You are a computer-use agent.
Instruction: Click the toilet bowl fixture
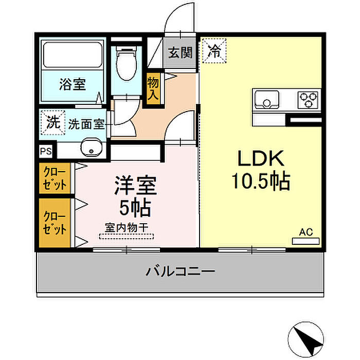[127, 63]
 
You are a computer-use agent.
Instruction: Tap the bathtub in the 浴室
[73, 55]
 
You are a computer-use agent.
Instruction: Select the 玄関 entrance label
[180, 53]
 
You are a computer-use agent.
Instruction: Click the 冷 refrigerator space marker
[214, 51]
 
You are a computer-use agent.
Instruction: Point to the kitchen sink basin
[267, 99]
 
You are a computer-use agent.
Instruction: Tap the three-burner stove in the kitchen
[308, 100]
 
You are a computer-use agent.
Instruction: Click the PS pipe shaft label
[46, 151]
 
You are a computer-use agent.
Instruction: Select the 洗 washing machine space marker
[53, 122]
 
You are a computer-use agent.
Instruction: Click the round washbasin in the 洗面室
[92, 148]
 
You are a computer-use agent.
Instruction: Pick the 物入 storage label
[153, 88]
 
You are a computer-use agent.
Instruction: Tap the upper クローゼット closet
[55, 178]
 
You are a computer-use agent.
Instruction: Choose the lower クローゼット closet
[55, 223]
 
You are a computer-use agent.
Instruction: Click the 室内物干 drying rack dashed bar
[127, 237]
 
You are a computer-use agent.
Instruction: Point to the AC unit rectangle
[306, 241]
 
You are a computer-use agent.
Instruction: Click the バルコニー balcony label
[181, 272]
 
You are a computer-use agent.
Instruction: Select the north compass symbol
[306, 339]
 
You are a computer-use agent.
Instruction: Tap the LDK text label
[261, 158]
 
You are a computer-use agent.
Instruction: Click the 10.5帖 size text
[261, 181]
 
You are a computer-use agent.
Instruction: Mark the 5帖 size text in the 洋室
[135, 208]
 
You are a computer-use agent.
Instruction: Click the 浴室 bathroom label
[73, 84]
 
